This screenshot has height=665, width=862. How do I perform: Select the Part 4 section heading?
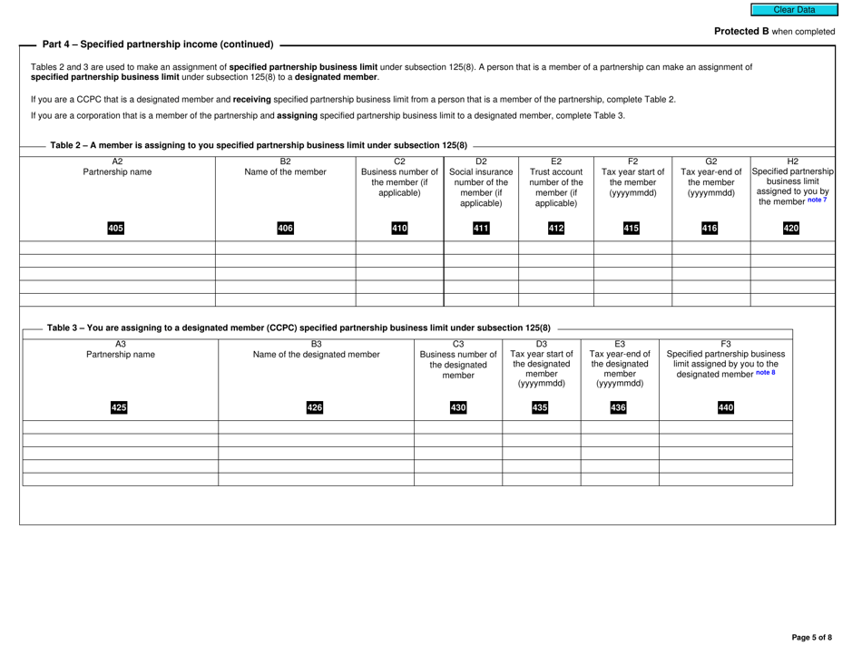coord(158,44)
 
